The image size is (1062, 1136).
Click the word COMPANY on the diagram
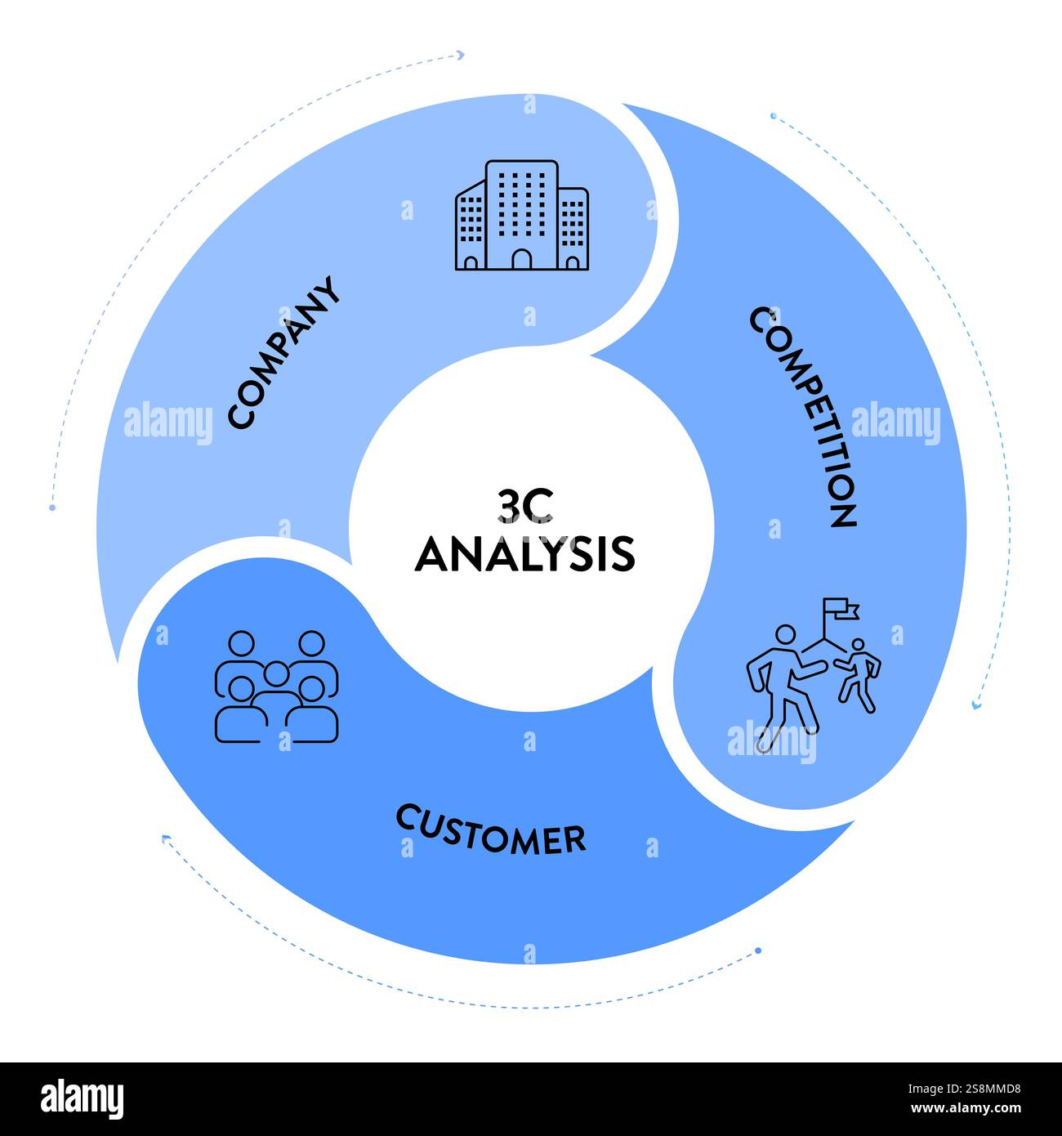[x=283, y=352]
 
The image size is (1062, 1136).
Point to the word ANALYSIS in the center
[x=524, y=554]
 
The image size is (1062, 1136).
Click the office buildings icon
[x=521, y=215]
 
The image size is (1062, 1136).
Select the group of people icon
[x=277, y=687]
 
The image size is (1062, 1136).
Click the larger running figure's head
[x=785, y=635]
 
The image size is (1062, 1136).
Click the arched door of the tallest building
[x=521, y=259]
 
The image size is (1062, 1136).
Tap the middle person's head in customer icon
[x=277, y=673]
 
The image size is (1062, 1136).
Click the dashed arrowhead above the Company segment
[x=461, y=56]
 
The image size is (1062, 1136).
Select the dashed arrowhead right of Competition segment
[x=975, y=704]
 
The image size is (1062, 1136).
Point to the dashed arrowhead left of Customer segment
[x=166, y=838]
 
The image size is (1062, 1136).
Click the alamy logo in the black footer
[x=83, y=1098]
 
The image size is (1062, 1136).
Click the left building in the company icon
[x=470, y=227]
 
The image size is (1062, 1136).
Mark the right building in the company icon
[x=573, y=229]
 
